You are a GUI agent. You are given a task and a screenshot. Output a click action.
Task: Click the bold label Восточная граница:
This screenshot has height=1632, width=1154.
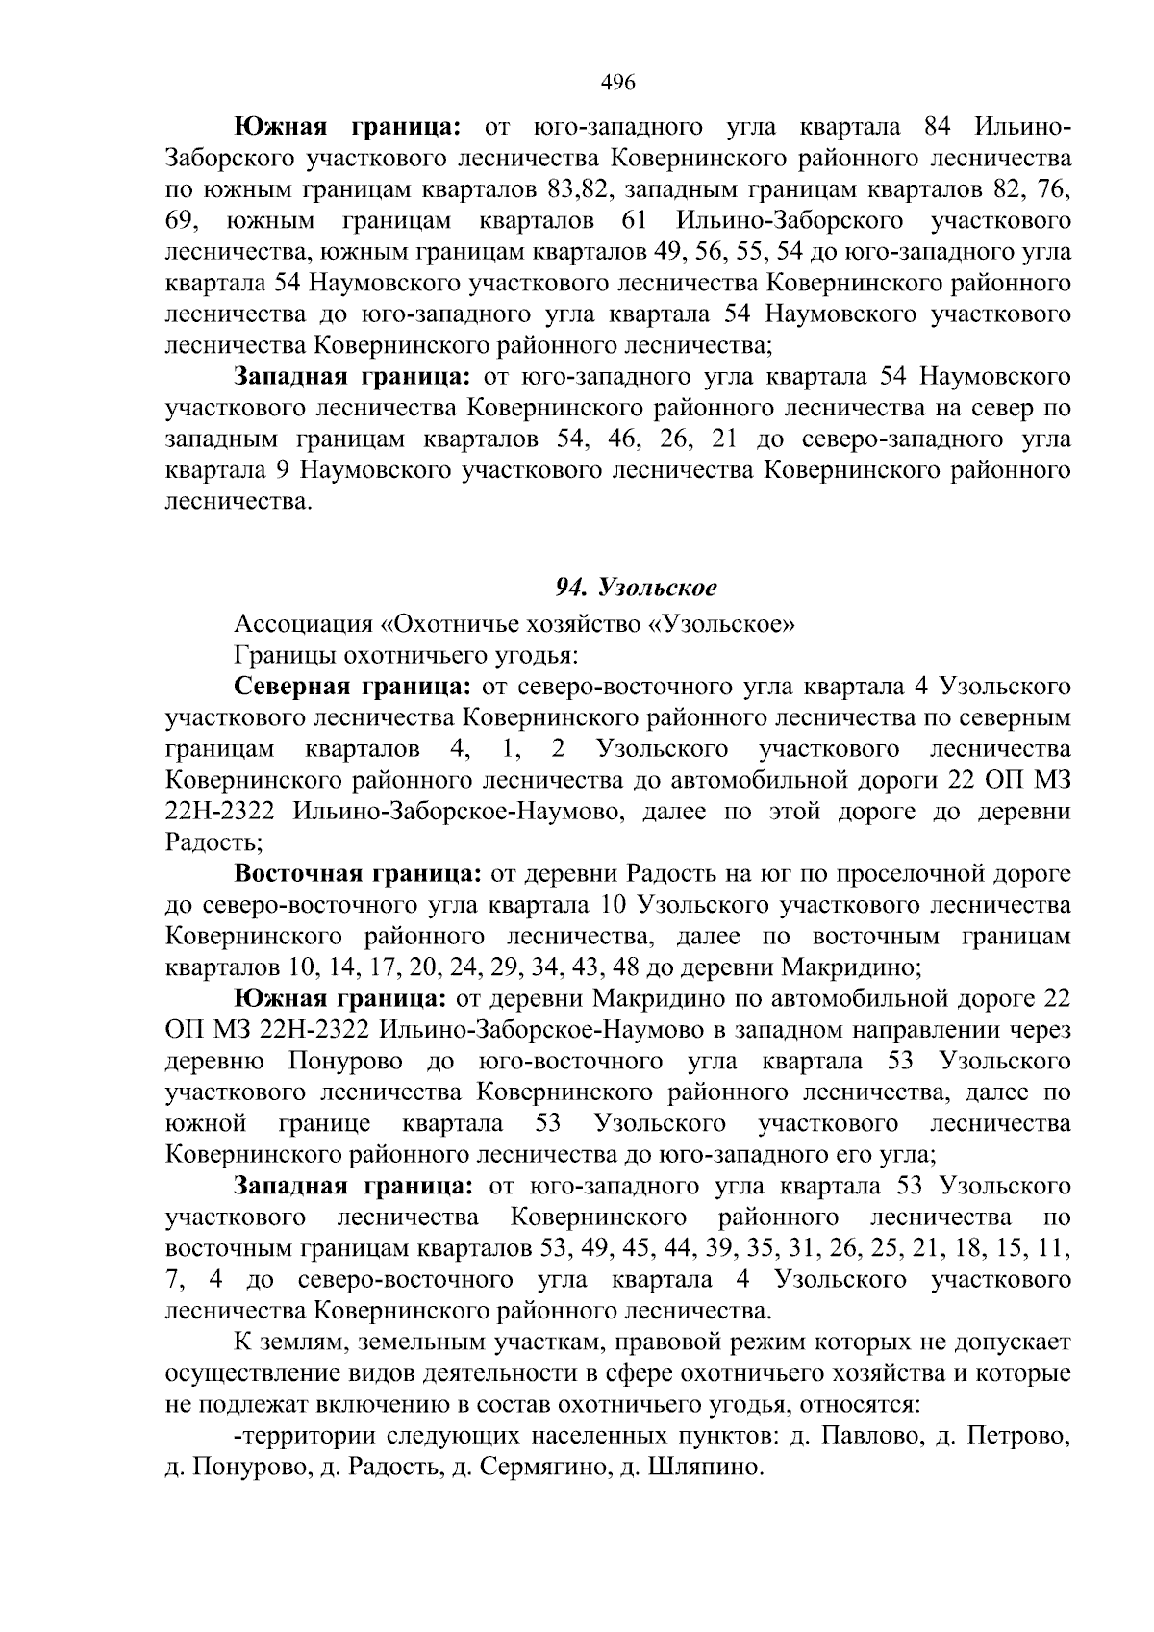coord(358,874)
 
